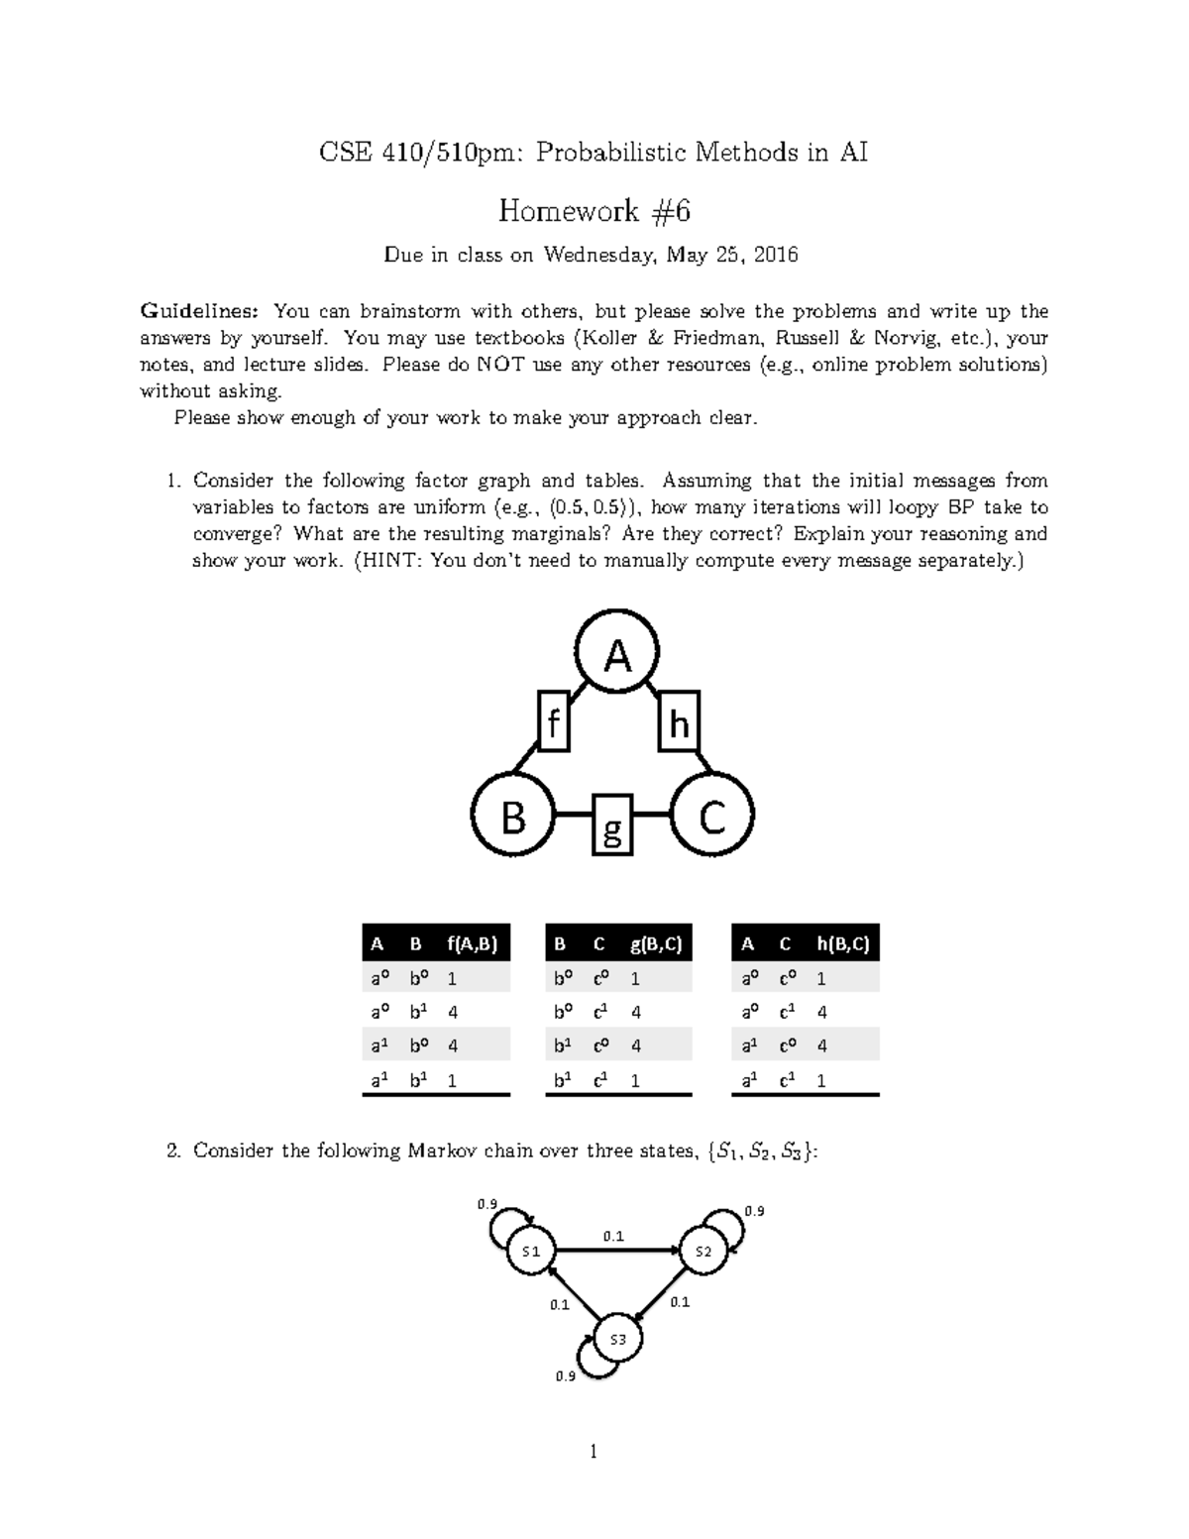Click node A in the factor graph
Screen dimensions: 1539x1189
[x=618, y=655]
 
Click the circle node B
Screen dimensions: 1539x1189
[x=513, y=818]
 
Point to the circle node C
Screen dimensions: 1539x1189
[x=712, y=818]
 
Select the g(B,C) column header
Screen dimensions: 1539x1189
[x=656, y=944]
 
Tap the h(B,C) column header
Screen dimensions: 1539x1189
[x=842, y=944]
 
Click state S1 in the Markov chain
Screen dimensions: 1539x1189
[x=532, y=1252]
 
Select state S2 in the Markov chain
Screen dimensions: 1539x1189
[x=703, y=1252]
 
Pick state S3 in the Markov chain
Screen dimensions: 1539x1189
[x=618, y=1340]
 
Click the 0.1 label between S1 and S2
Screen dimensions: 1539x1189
[x=613, y=1236]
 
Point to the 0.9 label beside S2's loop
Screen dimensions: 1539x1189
[x=754, y=1211]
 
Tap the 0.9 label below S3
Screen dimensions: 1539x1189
[x=566, y=1376]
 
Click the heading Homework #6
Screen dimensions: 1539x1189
[x=594, y=211]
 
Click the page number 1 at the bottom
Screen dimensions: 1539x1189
[x=594, y=1453]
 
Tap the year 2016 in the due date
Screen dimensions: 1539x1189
[x=775, y=256]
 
